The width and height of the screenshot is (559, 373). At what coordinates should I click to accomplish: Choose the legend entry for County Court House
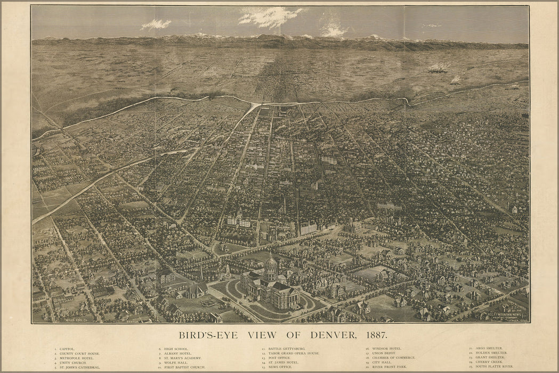(x=79, y=353)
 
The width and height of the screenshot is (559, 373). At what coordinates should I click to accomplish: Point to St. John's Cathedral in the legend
(x=80, y=367)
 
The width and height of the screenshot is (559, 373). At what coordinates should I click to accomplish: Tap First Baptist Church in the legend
(x=184, y=367)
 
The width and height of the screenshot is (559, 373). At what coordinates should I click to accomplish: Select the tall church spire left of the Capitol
(x=201, y=272)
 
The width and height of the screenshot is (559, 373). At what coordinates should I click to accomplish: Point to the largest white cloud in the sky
(x=269, y=17)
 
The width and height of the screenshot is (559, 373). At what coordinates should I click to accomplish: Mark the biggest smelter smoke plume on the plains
(x=439, y=68)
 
